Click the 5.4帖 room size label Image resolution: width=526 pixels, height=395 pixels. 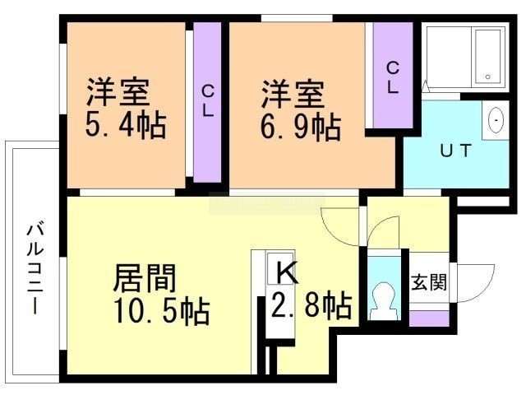tap(126, 125)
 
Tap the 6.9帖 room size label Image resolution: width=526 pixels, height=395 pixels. tap(301, 128)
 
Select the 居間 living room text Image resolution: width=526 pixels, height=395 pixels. tap(145, 278)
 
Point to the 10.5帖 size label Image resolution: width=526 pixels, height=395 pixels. tap(162, 311)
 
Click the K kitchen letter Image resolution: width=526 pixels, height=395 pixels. tap(288, 272)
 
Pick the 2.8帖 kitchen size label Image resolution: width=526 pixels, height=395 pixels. tap(312, 305)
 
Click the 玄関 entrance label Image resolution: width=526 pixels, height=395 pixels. tap(429, 281)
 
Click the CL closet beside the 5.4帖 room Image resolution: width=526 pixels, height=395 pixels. tap(208, 102)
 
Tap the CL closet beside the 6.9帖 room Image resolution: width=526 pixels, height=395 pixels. tap(393, 75)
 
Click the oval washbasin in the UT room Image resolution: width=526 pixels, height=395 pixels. tap(496, 119)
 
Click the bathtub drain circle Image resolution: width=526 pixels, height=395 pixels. tap(487, 77)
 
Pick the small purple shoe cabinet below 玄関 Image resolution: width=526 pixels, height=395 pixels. tap(429, 318)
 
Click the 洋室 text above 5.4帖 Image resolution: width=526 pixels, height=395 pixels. tap(118, 92)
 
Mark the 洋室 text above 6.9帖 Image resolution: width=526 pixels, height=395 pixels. tap(293, 94)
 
